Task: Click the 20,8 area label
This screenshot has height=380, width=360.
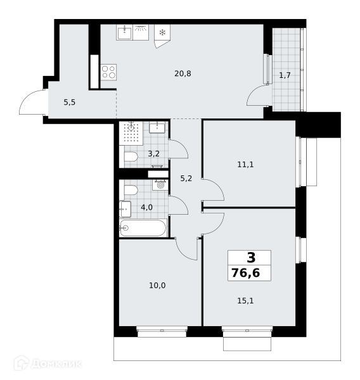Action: click(183, 73)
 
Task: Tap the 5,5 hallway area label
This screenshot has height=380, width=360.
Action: click(69, 103)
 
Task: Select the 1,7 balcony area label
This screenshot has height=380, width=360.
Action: click(285, 75)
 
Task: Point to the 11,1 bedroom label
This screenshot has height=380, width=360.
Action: click(245, 165)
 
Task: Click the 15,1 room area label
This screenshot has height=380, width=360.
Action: click(245, 301)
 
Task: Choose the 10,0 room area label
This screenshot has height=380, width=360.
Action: click(157, 286)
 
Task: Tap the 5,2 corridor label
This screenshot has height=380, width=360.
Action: click(186, 179)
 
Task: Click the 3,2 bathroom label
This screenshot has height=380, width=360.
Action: click(153, 154)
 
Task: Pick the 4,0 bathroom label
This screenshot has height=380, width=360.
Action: click(146, 208)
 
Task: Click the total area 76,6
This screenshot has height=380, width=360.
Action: click(246, 273)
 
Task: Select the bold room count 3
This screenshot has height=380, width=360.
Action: click(251, 257)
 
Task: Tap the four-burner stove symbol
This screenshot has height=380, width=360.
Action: click(108, 72)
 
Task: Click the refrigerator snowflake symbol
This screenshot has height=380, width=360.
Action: click(162, 32)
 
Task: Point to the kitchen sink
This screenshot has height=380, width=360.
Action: click(124, 32)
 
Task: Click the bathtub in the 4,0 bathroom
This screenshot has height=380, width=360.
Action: click(143, 228)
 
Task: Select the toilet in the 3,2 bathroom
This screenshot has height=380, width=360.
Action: click(131, 156)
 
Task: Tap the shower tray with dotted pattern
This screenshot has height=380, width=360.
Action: click(131, 133)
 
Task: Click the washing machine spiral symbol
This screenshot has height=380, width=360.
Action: click(160, 185)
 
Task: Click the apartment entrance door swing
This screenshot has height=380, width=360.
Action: click(32, 102)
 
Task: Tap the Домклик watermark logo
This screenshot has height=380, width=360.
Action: click(48, 364)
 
